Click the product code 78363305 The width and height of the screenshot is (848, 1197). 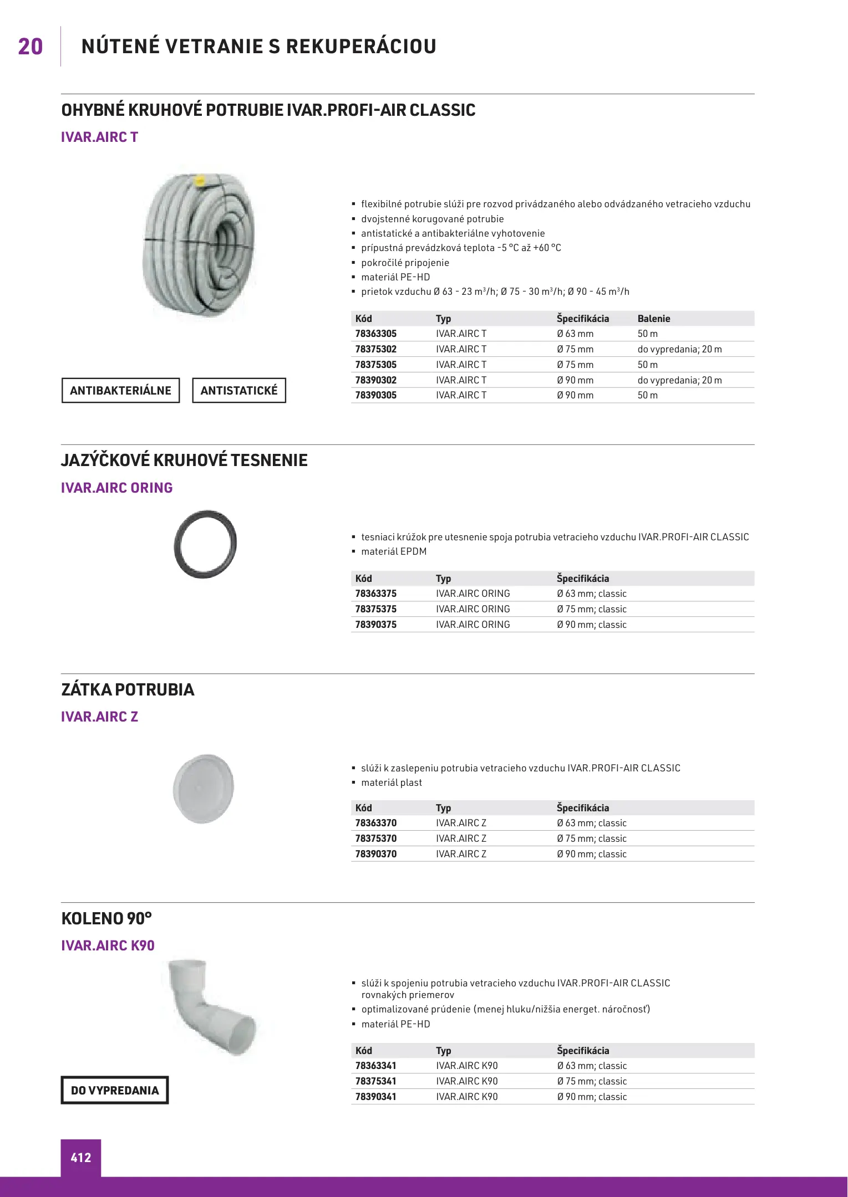pyautogui.click(x=375, y=334)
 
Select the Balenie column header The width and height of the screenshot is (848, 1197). pyautogui.click(x=653, y=319)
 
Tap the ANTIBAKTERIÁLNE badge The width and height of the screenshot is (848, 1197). pyautogui.click(x=120, y=390)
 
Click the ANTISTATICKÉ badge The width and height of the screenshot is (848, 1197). pyautogui.click(x=238, y=390)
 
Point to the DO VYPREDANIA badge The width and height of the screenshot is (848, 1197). pyautogui.click(x=115, y=1090)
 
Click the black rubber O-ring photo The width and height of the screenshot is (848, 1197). pyautogui.click(x=205, y=544)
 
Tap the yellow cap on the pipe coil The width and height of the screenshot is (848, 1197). pyautogui.click(x=200, y=180)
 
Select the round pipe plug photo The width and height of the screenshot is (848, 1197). pyautogui.click(x=204, y=788)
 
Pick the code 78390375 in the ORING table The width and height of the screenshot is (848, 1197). pyautogui.click(x=375, y=625)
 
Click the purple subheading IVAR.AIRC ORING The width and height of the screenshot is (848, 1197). pyautogui.click(x=116, y=488)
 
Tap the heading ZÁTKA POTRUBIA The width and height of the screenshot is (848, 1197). pyautogui.click(x=128, y=689)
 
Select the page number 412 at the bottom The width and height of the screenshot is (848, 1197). pyautogui.click(x=81, y=1158)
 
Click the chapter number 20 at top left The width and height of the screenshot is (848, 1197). pyautogui.click(x=31, y=47)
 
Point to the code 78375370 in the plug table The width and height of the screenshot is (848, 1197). pyautogui.click(x=375, y=838)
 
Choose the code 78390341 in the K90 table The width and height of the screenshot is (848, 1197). pyautogui.click(x=375, y=1097)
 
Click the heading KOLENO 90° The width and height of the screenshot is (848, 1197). pyautogui.click(x=106, y=918)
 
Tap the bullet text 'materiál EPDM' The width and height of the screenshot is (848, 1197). pyautogui.click(x=394, y=551)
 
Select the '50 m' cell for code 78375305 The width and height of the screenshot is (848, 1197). pyautogui.click(x=647, y=365)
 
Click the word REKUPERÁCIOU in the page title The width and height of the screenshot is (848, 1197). pyautogui.click(x=361, y=47)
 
